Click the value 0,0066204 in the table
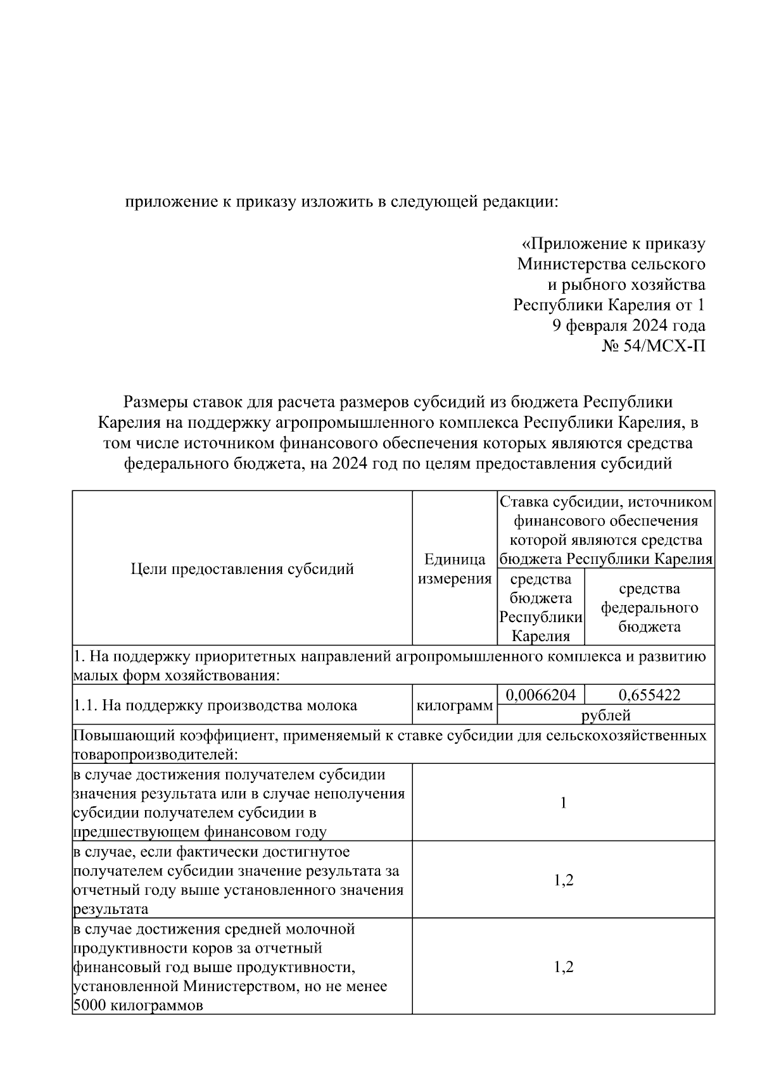point(540,695)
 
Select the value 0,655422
point(649,695)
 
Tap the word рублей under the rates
point(606,715)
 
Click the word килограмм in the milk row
point(454,705)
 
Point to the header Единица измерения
point(455,569)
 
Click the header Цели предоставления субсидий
point(242,569)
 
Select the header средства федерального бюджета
point(649,608)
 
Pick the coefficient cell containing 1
point(563,802)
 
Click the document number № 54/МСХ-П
point(653,346)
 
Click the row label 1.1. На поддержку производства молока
point(215,705)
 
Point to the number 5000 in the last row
point(89,1005)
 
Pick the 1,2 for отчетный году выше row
point(563,880)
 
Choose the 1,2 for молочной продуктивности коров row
point(563,966)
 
